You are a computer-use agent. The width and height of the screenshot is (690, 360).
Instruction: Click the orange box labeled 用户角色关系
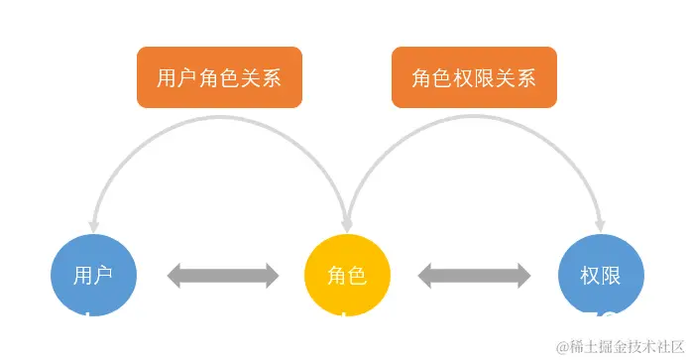point(218,76)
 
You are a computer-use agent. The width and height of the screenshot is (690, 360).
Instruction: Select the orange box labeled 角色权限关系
point(474,76)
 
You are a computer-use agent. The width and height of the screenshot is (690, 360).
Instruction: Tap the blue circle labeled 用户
point(92,275)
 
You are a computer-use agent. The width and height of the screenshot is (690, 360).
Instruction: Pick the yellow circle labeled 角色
point(347,275)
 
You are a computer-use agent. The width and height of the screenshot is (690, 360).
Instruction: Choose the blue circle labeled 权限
point(601,275)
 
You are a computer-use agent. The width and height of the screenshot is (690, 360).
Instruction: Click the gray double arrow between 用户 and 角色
point(223,275)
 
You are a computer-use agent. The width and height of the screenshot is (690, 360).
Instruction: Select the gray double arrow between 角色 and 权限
point(474,275)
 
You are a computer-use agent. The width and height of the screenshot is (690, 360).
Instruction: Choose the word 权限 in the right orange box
point(474,76)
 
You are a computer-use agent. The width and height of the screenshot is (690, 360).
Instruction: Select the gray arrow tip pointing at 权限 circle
point(524,275)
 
